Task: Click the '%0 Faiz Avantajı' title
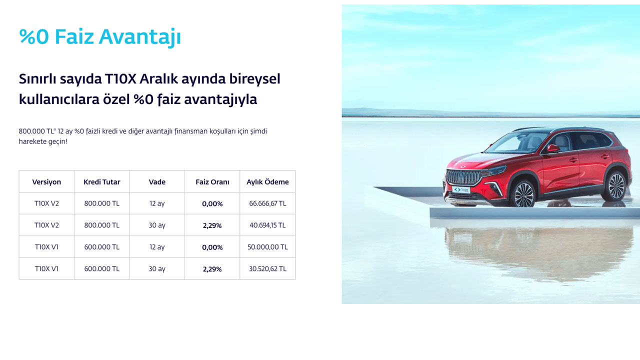pos(100,37)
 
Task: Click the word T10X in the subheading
pos(120,79)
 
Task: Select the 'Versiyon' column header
pos(46,182)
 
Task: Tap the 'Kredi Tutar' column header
pos(101,182)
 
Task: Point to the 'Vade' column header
pos(157,182)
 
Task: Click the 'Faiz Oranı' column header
pos(212,182)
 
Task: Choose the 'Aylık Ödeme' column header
pos(267,182)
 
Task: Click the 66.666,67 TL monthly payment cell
pos(267,203)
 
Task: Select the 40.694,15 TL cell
pos(267,225)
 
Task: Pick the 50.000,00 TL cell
pos(267,247)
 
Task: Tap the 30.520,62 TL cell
pos(267,268)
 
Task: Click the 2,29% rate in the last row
pos(212,269)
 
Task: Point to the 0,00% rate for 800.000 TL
pos(212,203)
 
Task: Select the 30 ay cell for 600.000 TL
pos(157,269)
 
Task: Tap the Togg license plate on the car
pos(461,189)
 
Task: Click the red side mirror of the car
pos(553,148)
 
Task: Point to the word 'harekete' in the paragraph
pos(32,141)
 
